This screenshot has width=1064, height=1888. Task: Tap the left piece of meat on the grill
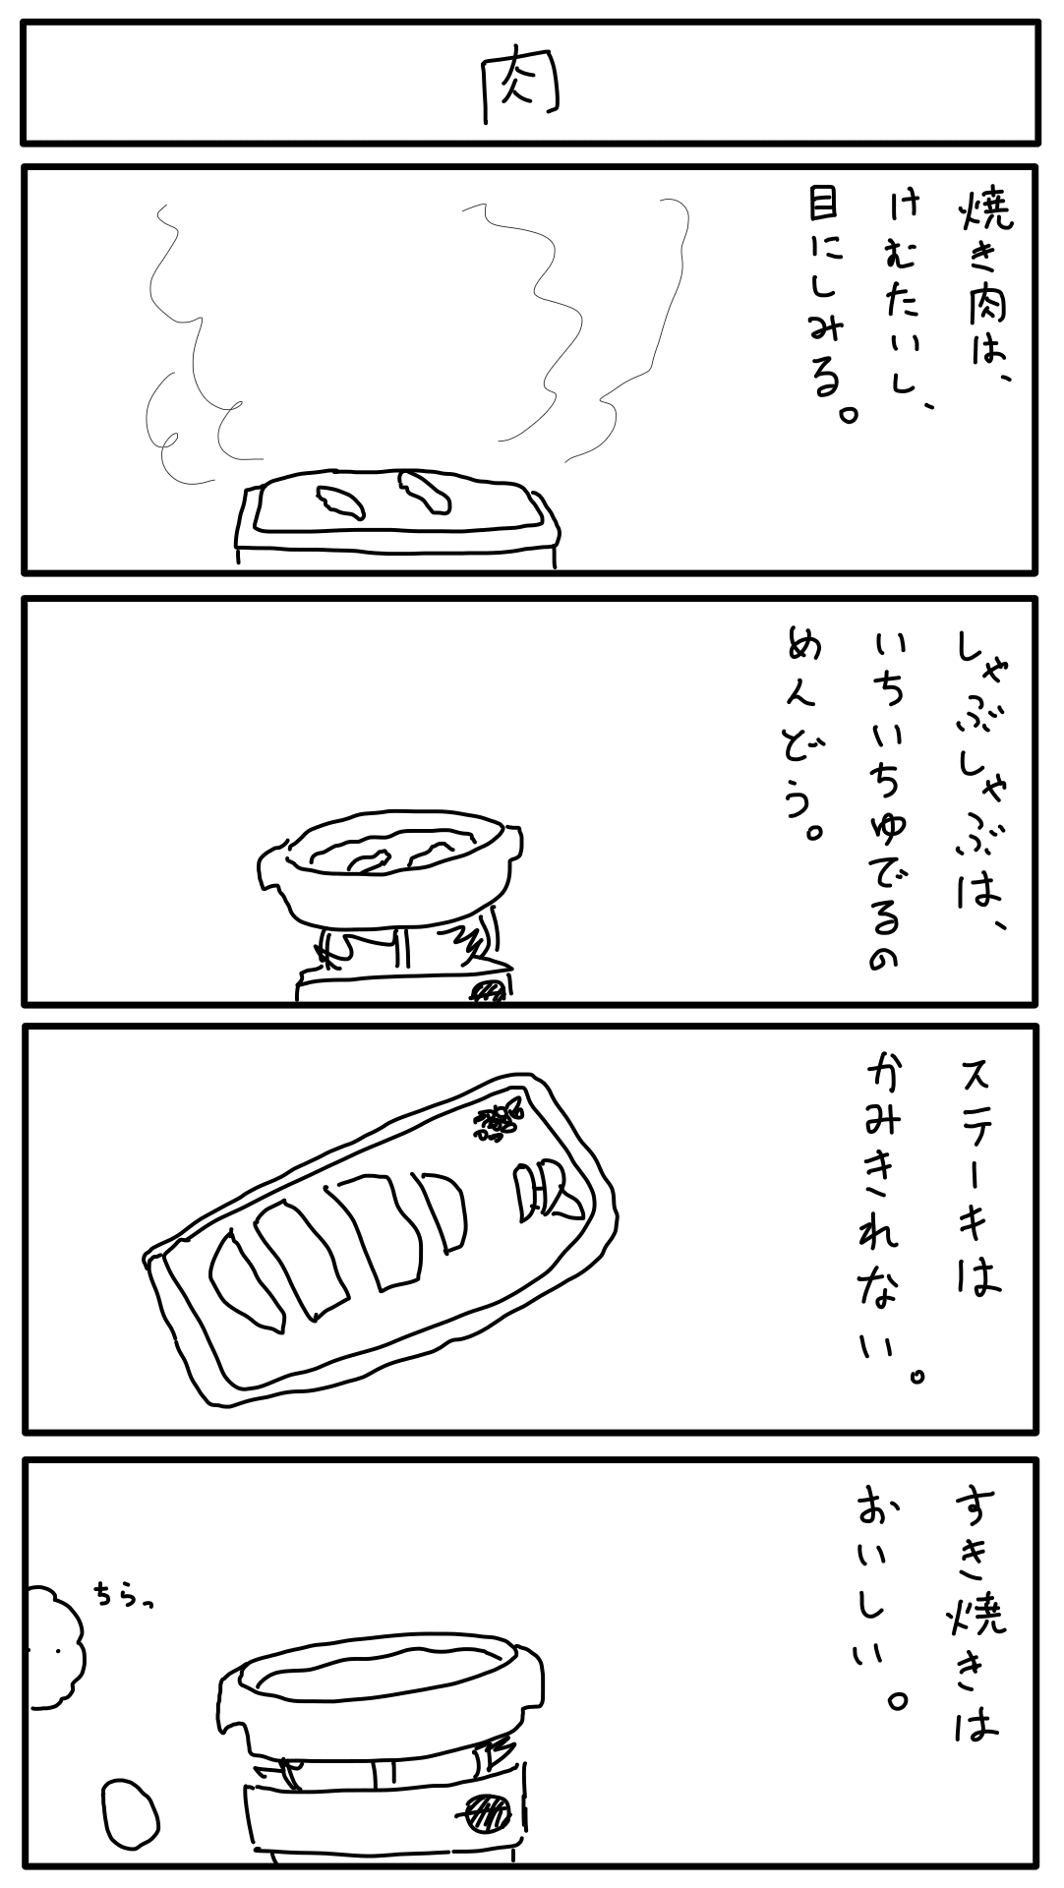(x=339, y=501)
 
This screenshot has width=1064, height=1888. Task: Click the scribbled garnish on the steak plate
(x=501, y=1120)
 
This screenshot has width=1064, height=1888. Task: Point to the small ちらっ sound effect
(x=125, y=1592)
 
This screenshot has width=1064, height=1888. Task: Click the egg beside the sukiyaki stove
(x=131, y=1810)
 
